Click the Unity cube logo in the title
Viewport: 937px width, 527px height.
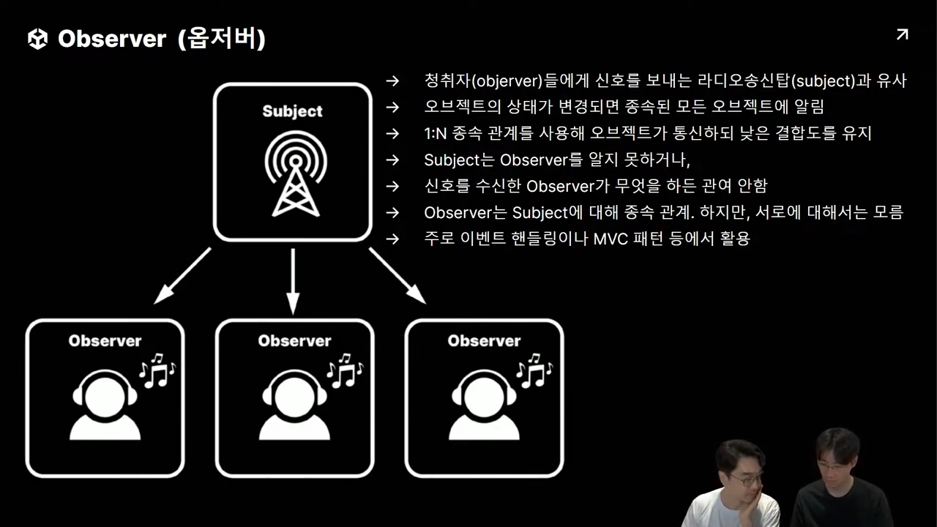(37, 39)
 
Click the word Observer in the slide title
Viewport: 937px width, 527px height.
(112, 39)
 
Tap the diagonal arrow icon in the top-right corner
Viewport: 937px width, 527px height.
(902, 34)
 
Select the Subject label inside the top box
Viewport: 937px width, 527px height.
(292, 111)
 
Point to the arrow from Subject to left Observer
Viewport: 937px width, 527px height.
(182, 276)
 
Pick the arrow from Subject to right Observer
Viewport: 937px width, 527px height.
(397, 275)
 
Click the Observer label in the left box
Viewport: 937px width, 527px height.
(105, 341)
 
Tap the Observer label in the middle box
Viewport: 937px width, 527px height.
(294, 341)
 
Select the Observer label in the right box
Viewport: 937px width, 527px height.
(484, 341)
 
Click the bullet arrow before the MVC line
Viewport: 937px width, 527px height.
(393, 238)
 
